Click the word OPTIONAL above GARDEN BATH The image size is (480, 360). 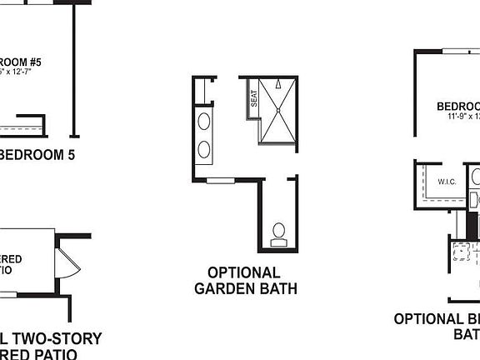click(x=244, y=272)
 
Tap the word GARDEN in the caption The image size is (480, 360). click(x=224, y=289)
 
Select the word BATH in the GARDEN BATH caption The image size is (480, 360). click(x=277, y=289)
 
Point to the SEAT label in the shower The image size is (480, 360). click(x=252, y=99)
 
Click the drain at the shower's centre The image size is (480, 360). click(x=276, y=110)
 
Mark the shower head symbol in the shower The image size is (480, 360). click(x=275, y=82)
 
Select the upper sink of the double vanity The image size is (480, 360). click(x=204, y=121)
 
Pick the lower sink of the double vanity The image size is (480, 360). click(x=204, y=150)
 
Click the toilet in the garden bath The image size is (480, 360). click(x=278, y=232)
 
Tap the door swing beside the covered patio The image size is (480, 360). click(x=67, y=262)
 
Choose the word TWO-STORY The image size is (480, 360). click(x=57, y=339)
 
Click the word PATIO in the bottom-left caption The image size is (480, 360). click(x=62, y=354)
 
